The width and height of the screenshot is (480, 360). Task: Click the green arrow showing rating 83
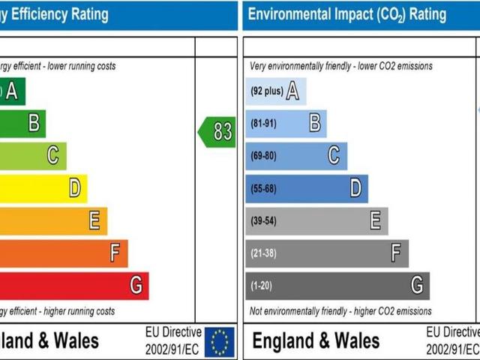[x=217, y=131]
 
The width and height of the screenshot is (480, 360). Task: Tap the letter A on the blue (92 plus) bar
[x=292, y=91]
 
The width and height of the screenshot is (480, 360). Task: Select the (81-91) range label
[x=263, y=124]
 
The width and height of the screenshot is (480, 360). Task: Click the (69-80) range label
[x=263, y=156]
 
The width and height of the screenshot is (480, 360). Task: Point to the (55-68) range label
[x=263, y=188]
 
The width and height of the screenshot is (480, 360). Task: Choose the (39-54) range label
[x=263, y=220]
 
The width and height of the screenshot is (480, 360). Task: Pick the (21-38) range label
[x=263, y=253]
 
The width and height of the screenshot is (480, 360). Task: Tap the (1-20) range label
[x=261, y=286]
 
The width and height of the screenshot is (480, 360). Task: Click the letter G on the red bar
[x=136, y=286]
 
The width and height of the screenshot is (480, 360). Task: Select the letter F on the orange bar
[x=115, y=253]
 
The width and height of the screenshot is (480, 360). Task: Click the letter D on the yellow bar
[x=74, y=188]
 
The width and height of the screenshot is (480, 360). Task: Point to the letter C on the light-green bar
[x=52, y=156]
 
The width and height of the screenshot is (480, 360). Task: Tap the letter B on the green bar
[x=33, y=124]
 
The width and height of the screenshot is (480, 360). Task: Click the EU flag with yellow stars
[x=220, y=341]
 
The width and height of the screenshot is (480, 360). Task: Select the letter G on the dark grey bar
[x=417, y=286]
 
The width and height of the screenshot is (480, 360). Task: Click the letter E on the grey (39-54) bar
[x=376, y=220]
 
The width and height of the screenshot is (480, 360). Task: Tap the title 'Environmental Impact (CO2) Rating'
[x=346, y=14]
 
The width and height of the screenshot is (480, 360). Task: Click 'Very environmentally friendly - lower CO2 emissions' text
[x=340, y=67]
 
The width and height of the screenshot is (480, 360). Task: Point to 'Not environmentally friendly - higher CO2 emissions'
[x=340, y=311]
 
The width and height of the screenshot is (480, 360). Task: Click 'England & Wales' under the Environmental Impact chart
[x=316, y=341]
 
